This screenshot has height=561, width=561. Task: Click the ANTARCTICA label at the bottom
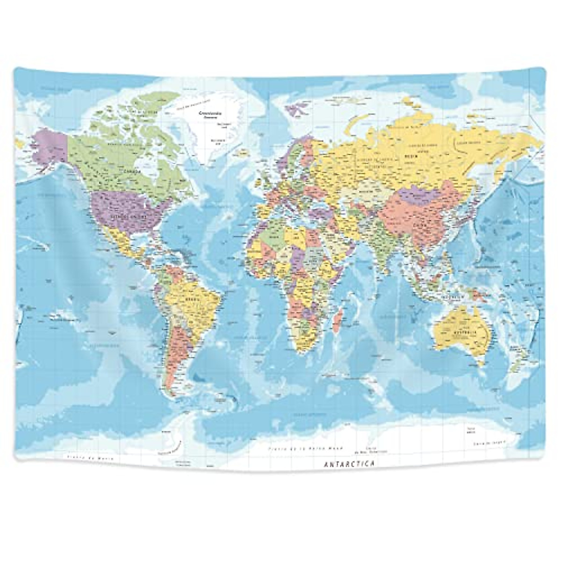pos(348,464)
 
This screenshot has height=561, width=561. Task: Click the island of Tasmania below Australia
pos(480,363)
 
